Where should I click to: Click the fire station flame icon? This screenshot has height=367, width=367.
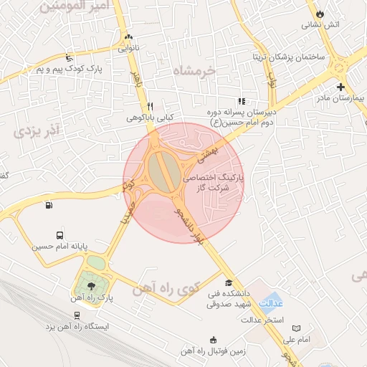[x=320, y=13]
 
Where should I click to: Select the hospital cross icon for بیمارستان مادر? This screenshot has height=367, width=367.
[x=340, y=87]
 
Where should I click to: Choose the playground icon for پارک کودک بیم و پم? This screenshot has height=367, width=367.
[x=69, y=57]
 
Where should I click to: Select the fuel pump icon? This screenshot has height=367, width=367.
[x=48, y=206]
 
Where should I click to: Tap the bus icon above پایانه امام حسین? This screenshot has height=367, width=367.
[x=59, y=234]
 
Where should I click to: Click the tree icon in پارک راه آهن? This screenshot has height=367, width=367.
[x=90, y=286]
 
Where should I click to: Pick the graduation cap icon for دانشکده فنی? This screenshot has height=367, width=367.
[x=229, y=282]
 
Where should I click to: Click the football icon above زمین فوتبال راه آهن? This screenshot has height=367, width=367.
[x=212, y=340]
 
